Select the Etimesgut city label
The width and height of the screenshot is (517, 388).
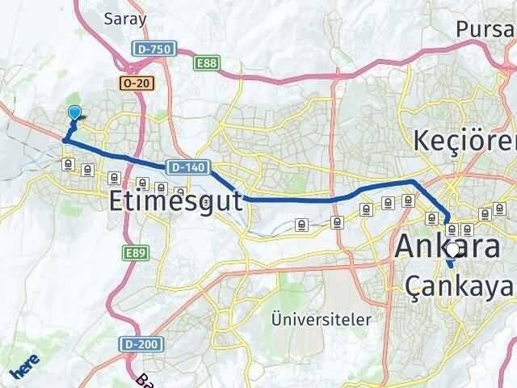click(174, 201)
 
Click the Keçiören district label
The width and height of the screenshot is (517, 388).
click(464, 141)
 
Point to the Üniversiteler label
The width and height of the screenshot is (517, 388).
click(322, 318)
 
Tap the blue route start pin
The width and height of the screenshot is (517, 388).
click(74, 115)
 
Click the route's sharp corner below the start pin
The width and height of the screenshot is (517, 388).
click(65, 140)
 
